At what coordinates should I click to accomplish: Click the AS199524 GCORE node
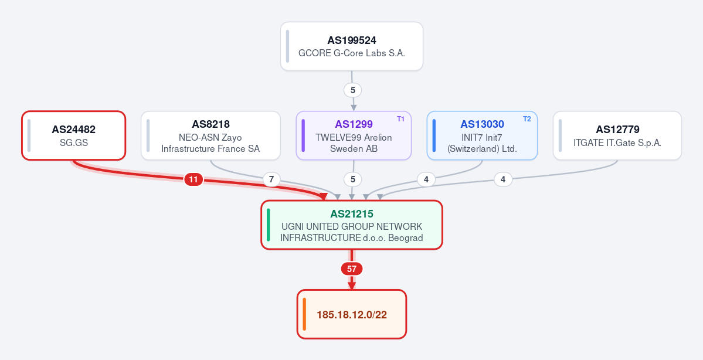click(x=352, y=46)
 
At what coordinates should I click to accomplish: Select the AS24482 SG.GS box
click(x=73, y=135)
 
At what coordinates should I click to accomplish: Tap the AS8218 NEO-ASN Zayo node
click(x=210, y=135)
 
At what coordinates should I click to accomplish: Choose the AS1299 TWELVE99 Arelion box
click(x=354, y=135)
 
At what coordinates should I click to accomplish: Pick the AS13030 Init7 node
click(x=482, y=135)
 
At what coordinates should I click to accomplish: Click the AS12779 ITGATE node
click(x=617, y=135)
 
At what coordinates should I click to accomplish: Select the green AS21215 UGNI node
click(x=352, y=225)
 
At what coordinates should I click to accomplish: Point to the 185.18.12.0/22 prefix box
click(x=352, y=314)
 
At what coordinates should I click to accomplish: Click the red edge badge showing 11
click(x=193, y=180)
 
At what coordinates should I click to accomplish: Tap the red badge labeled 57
click(x=352, y=269)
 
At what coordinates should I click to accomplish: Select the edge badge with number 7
click(x=271, y=180)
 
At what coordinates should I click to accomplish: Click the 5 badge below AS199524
click(x=353, y=90)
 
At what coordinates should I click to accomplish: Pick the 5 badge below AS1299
click(x=353, y=180)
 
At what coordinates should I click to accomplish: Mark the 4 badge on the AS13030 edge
click(x=426, y=180)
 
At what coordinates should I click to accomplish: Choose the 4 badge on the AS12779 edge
click(x=503, y=180)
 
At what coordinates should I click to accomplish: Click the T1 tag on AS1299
click(x=400, y=119)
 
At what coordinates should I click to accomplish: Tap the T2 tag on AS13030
click(x=527, y=119)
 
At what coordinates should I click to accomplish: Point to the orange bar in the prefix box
click(x=304, y=314)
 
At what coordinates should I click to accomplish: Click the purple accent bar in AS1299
click(x=304, y=135)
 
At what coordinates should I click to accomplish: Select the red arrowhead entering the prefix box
click(x=352, y=286)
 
